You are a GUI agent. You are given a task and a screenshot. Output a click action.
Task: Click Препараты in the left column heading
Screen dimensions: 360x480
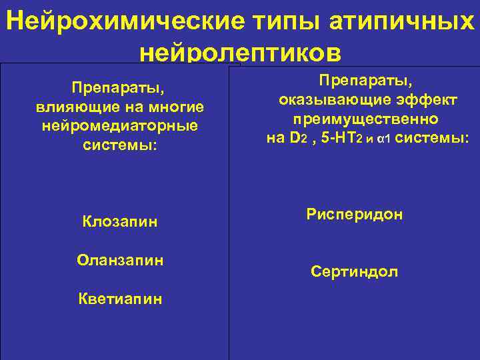pos(121,88)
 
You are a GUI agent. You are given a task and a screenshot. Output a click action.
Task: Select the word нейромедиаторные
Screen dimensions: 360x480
pos(121,125)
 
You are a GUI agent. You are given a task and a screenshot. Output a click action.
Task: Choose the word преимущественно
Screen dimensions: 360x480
pos(365,119)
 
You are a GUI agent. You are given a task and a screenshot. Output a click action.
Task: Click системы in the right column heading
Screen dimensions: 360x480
pos(430,139)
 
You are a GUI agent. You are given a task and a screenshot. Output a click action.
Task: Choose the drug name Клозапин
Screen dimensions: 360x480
pos(121,221)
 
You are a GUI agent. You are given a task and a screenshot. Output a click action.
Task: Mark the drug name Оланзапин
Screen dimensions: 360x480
pos(121,259)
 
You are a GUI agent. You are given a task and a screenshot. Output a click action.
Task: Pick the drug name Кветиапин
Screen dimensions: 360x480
pos(121,299)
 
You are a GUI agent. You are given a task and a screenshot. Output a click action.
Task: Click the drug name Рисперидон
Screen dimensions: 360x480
pos(355,215)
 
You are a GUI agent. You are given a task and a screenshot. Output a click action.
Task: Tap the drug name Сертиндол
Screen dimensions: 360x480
pos(355,271)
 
